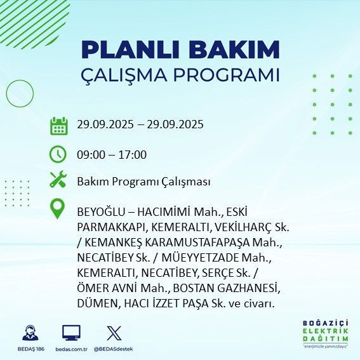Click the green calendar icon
pyautogui.click(x=58, y=125)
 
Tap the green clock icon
pyautogui.click(x=58, y=154)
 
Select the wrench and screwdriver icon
pyautogui.click(x=58, y=181)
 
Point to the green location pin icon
pyautogui.click(x=58, y=209)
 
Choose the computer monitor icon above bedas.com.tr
pyautogui.click(x=70, y=333)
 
